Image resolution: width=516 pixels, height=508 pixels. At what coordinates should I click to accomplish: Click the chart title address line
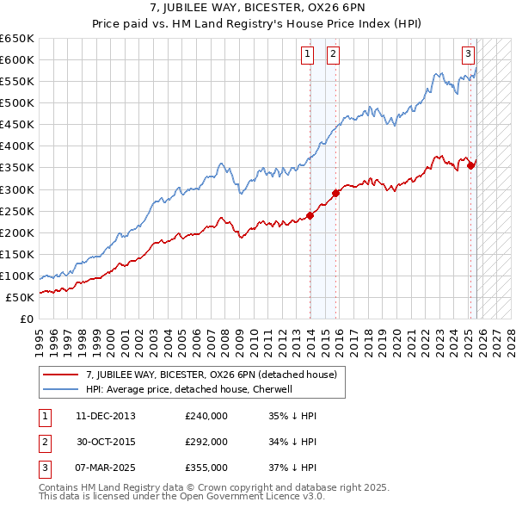(257, 9)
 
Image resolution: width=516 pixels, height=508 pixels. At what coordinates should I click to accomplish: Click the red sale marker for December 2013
(310, 215)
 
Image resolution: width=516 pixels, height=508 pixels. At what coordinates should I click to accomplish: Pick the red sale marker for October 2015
(336, 193)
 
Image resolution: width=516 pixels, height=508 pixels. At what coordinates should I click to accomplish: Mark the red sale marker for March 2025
(472, 164)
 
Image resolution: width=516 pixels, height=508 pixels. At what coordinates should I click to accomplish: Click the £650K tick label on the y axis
(18, 39)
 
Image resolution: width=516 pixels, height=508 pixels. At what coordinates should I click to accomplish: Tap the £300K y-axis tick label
(18, 189)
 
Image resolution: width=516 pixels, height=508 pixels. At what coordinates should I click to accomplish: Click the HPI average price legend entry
(189, 389)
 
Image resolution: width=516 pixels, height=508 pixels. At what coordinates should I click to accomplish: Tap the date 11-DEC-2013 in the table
(105, 415)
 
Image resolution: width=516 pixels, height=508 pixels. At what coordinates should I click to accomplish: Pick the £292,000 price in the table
(206, 442)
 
